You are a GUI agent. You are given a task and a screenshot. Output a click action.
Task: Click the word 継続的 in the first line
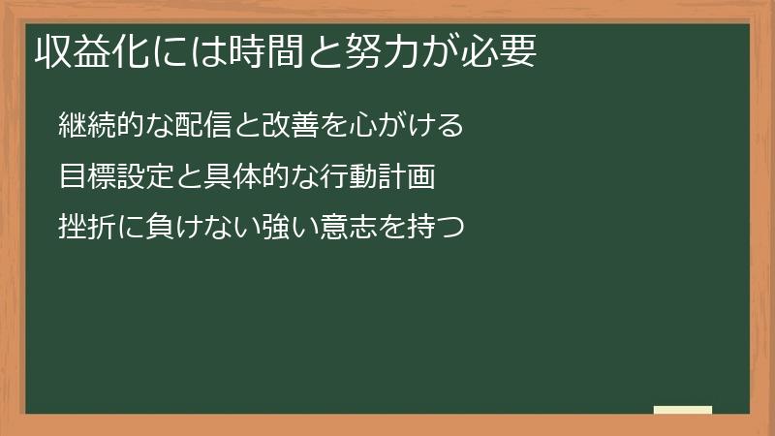point(99,126)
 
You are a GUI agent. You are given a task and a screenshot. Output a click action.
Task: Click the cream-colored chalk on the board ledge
point(682,410)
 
